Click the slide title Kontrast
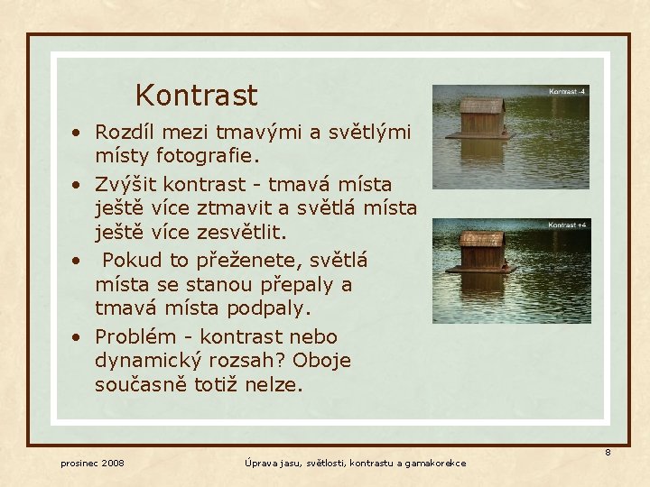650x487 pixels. coord(196,96)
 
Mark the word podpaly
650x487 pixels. coord(267,308)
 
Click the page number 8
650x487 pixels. coord(608,452)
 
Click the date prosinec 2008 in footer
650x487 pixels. coord(92,464)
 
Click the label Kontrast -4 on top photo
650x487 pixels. coord(568,92)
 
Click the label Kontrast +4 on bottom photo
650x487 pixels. coord(568,225)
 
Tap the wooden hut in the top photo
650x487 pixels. coord(481,118)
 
